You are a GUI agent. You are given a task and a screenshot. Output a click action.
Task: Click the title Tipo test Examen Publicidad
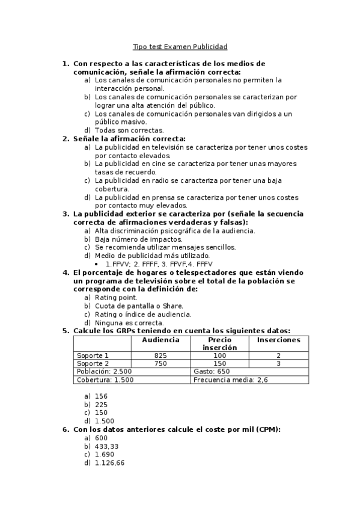[180, 46]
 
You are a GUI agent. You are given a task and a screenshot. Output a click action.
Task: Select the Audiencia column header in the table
[160, 340]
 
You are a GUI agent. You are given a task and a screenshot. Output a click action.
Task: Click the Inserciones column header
[278, 340]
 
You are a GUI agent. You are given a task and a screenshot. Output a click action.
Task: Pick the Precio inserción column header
[219, 343]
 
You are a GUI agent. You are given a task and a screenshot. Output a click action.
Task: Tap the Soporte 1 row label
[93, 355]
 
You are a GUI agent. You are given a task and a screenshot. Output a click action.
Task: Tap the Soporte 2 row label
[93, 363]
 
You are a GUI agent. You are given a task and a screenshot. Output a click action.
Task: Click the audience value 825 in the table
[160, 355]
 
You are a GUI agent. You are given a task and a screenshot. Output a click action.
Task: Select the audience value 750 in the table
[160, 363]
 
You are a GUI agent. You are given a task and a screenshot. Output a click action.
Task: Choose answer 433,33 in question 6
[107, 446]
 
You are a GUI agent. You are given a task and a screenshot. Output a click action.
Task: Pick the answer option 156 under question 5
[101, 396]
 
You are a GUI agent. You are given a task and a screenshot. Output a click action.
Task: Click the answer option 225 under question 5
[101, 404]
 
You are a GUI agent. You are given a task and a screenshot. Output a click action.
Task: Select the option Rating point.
[116, 297]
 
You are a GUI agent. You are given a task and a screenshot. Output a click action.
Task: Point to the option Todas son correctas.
[129, 130]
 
